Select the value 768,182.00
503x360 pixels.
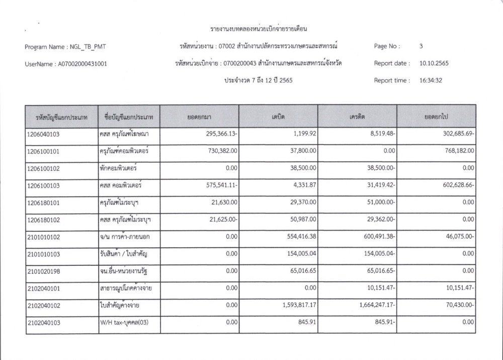click(456, 151)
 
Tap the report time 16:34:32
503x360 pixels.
click(431, 80)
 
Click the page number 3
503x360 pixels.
click(421, 46)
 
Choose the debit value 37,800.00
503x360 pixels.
click(300, 151)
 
